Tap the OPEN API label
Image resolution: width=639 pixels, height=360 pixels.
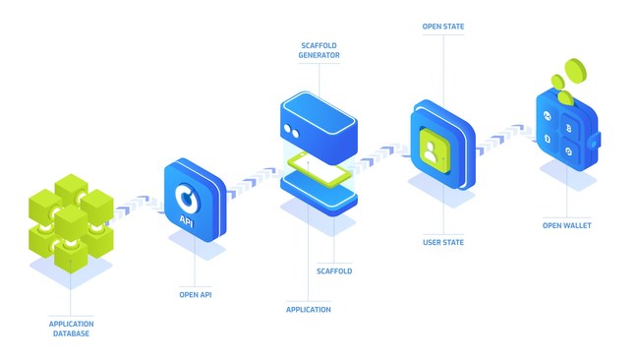point(195,293)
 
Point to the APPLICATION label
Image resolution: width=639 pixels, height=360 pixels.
point(308,309)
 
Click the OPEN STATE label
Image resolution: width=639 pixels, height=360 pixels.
point(442,28)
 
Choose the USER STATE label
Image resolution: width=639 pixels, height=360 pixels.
point(442,242)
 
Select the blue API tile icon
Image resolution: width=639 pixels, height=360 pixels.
point(195,201)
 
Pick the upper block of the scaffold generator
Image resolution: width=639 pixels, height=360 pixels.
point(318,125)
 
